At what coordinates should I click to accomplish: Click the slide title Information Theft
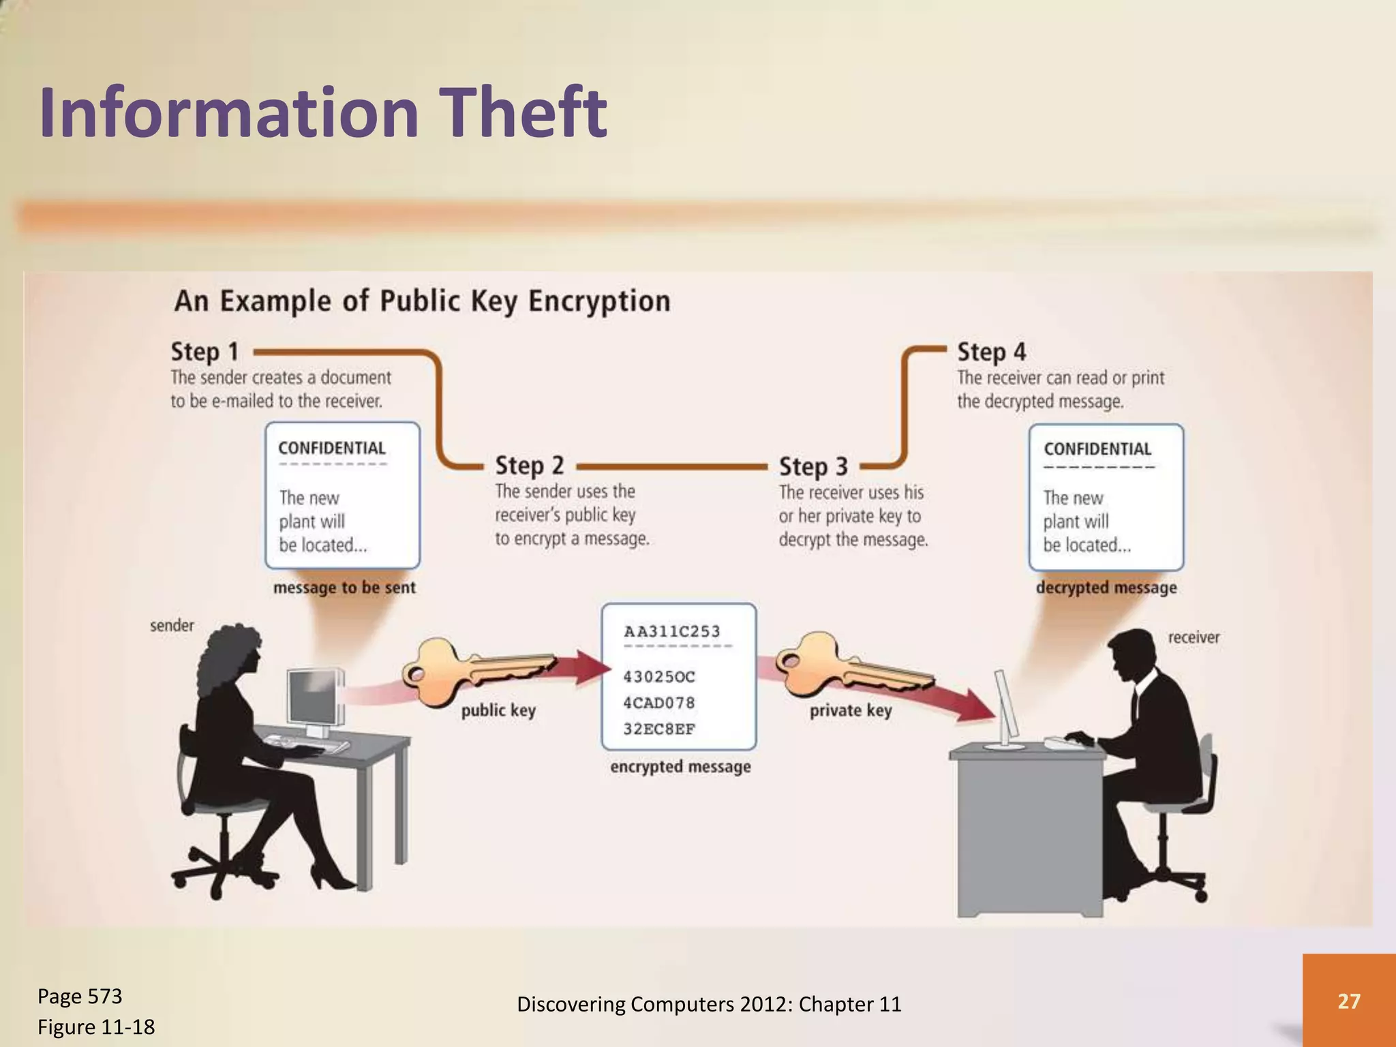point(322,112)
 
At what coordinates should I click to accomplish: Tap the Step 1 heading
point(204,352)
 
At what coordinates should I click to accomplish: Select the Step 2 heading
point(530,466)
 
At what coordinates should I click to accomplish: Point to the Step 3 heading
point(813,467)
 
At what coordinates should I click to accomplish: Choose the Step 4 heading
point(991,352)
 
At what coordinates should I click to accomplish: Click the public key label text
point(498,710)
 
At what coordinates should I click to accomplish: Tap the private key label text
point(851,710)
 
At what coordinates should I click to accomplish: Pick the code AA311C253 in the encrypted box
point(672,631)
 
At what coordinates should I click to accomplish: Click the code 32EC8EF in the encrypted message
point(659,729)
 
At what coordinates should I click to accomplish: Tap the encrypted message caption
point(680,767)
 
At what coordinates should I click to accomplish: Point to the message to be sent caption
point(344,588)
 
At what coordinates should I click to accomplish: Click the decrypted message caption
point(1106,588)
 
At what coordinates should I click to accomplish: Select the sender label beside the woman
point(172,625)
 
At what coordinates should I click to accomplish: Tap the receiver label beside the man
point(1194,637)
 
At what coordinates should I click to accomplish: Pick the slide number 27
point(1349,1001)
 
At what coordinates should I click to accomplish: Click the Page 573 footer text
point(80,997)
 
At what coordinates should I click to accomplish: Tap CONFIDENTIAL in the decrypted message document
point(1097,449)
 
